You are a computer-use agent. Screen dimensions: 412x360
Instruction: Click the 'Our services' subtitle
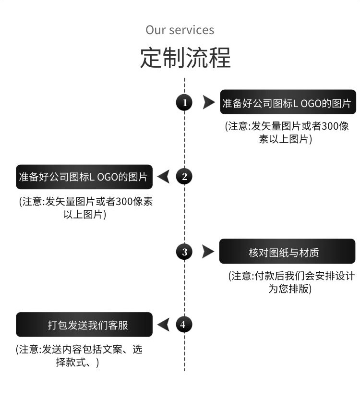pyautogui.click(x=180, y=30)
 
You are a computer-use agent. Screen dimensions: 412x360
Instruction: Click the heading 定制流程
pyautogui.click(x=185, y=58)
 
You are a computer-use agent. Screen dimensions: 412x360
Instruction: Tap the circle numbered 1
pyautogui.click(x=184, y=102)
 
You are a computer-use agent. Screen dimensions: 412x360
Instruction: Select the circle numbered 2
pyautogui.click(x=184, y=176)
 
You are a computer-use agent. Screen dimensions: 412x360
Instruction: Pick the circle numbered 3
pyautogui.click(x=184, y=251)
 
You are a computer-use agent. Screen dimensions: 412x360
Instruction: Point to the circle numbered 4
pyautogui.click(x=184, y=325)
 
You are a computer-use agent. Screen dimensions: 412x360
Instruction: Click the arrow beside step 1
pyautogui.click(x=208, y=102)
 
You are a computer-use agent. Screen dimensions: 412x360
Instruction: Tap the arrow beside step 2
pyautogui.click(x=163, y=177)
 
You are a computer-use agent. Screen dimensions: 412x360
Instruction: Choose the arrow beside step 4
pyautogui.click(x=163, y=325)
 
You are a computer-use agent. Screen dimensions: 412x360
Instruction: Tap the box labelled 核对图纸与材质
pyautogui.click(x=287, y=252)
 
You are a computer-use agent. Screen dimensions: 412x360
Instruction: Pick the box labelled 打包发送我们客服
pyautogui.click(x=84, y=325)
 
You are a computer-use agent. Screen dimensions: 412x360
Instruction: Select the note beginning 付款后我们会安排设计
pyautogui.click(x=291, y=282)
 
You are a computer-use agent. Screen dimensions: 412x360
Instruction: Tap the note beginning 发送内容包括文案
pyautogui.click(x=79, y=356)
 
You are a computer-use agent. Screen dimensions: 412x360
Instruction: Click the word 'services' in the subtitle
pyautogui.click(x=192, y=30)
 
